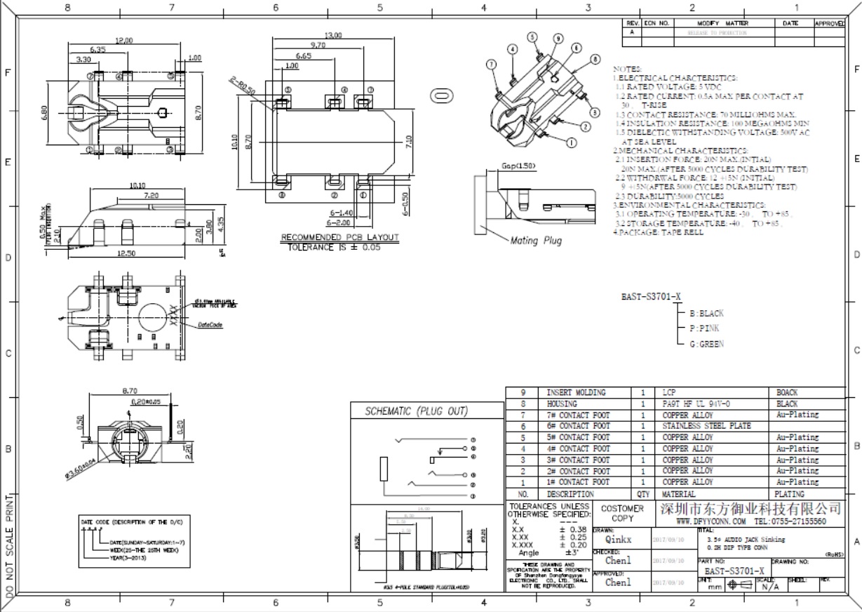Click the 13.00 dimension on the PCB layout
click(x=333, y=35)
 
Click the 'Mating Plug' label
click(x=536, y=241)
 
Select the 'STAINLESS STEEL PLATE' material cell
click(x=706, y=426)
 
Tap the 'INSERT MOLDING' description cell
click(x=576, y=392)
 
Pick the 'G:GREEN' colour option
click(x=706, y=344)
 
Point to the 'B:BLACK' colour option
click(x=706, y=314)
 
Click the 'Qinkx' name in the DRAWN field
click(x=618, y=540)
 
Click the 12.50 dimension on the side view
click(x=126, y=253)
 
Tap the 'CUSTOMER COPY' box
click(x=622, y=513)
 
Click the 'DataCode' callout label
click(x=210, y=325)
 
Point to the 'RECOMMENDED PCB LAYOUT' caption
click(x=339, y=237)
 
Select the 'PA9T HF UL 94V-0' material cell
click(x=696, y=404)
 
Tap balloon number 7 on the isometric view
click(x=490, y=64)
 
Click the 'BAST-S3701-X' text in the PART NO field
click(x=734, y=571)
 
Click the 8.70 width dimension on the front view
click(x=129, y=390)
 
